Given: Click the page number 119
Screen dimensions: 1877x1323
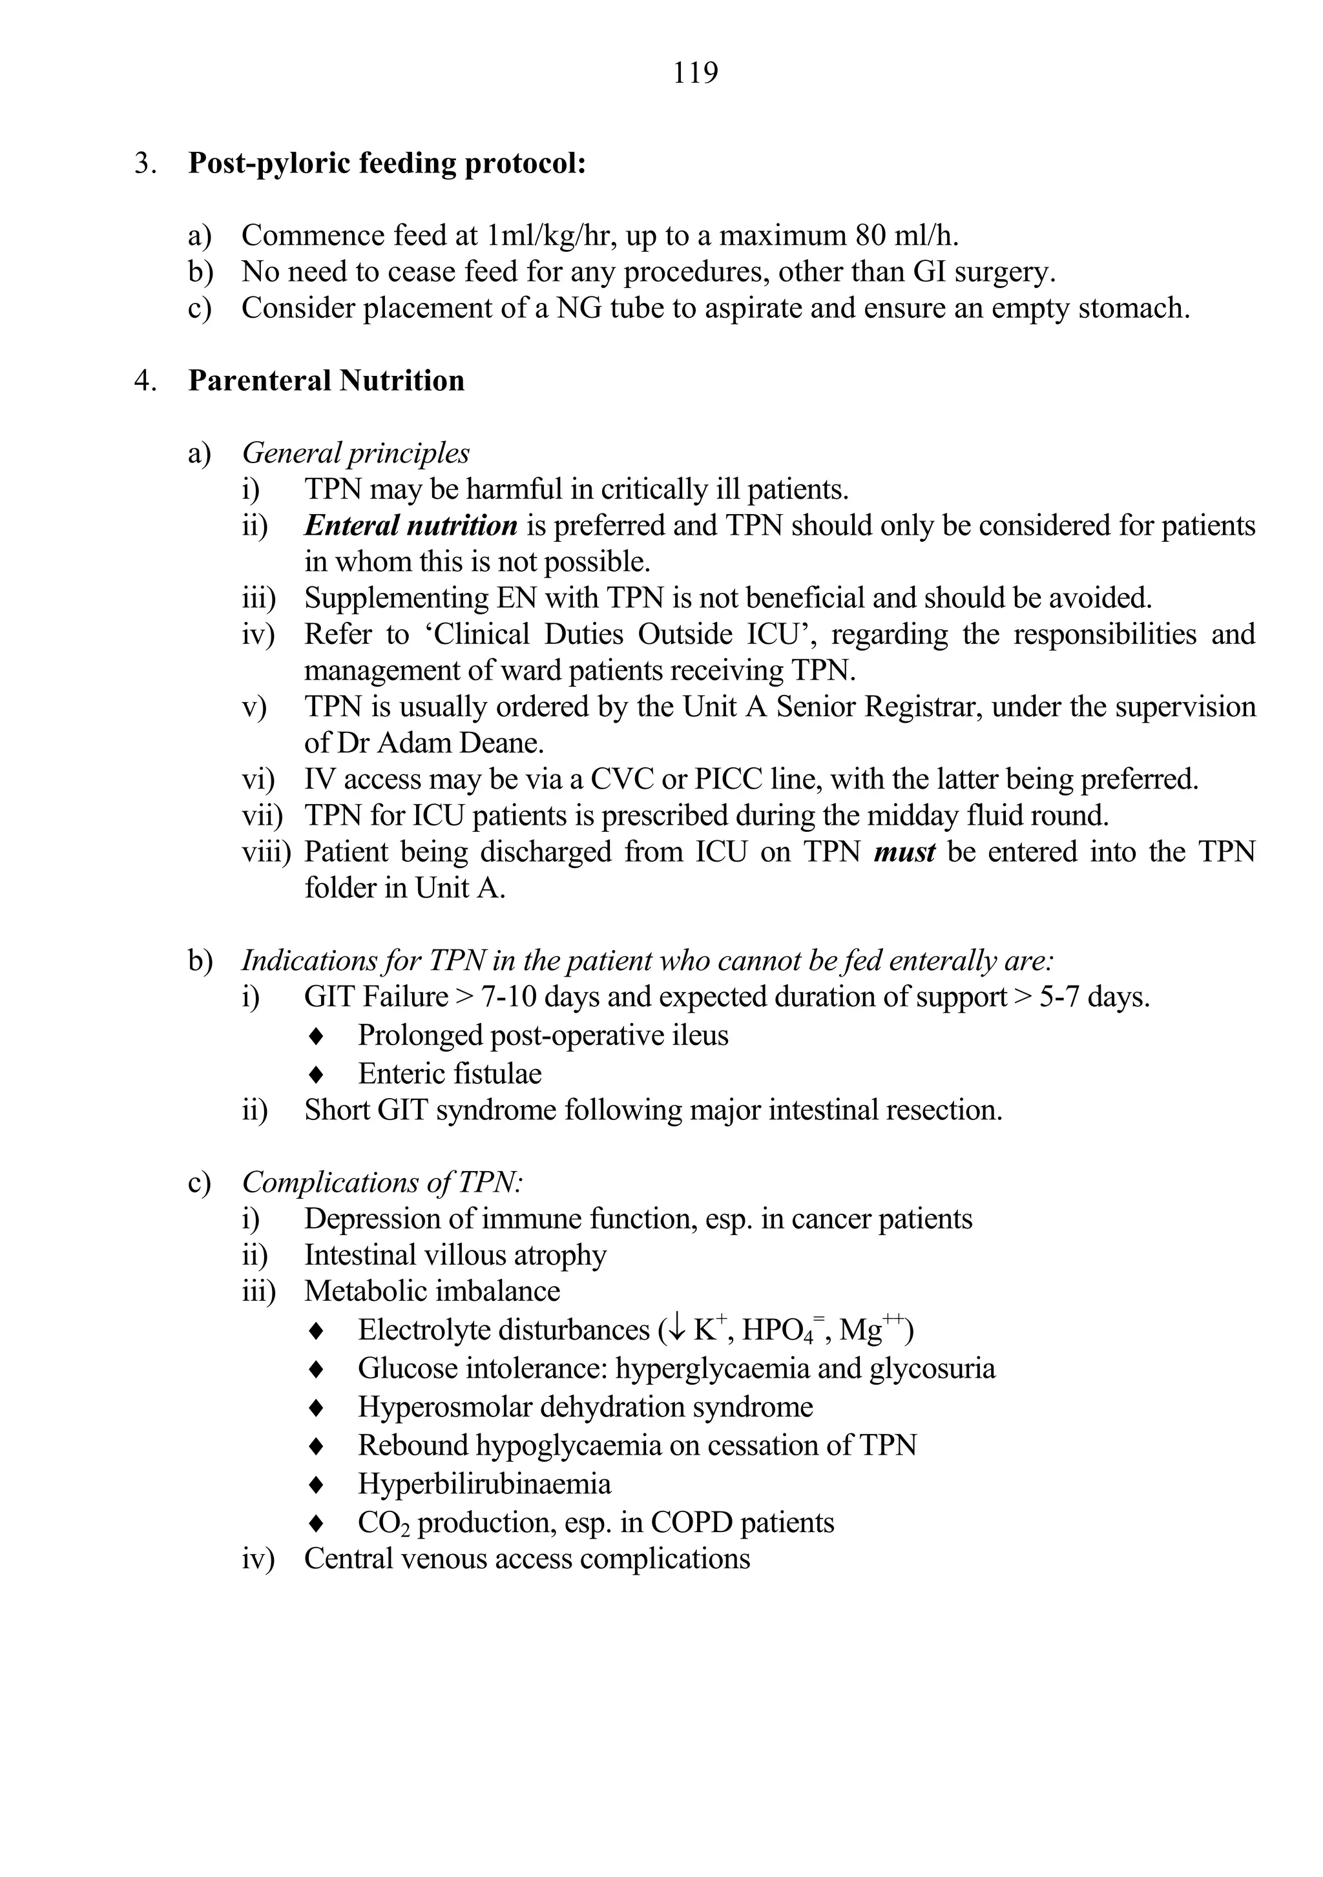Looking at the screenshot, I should pos(695,74).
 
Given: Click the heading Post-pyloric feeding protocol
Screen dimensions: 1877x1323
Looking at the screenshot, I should pos(387,163).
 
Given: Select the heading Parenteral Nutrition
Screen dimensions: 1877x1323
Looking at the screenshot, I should pos(326,381).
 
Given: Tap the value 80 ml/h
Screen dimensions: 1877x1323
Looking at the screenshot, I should pos(907,236).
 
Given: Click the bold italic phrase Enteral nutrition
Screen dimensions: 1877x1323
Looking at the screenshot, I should pos(410,526).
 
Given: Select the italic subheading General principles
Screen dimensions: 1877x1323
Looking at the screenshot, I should pos(356,453).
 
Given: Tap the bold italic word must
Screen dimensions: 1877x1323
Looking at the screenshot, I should pos(904,852).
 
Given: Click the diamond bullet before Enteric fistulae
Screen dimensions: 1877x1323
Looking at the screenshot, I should pos(316,1075).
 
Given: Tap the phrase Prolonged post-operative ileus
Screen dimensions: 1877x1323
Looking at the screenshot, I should pos(543,1036).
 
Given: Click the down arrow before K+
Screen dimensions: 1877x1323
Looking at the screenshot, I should pos(676,1331).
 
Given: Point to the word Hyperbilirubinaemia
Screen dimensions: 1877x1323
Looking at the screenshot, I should pos(484,1484).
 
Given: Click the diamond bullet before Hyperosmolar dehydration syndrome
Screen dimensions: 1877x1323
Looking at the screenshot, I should pos(316,1408).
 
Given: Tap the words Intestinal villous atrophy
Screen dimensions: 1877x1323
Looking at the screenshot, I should pos(455,1255).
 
